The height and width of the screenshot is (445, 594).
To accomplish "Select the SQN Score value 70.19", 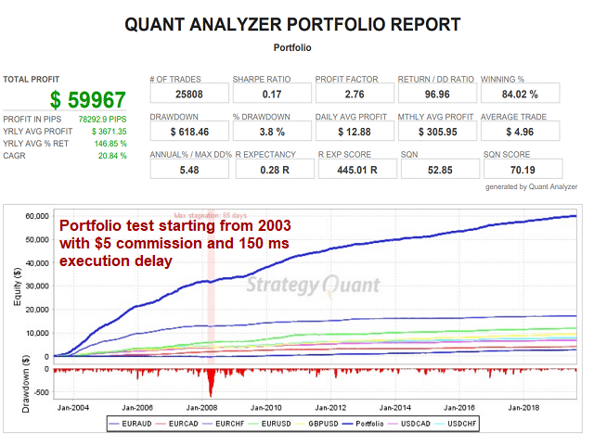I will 519,171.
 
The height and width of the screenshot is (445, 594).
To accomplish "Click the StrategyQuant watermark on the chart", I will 306,287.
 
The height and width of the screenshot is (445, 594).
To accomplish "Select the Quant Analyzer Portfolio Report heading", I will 293,24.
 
